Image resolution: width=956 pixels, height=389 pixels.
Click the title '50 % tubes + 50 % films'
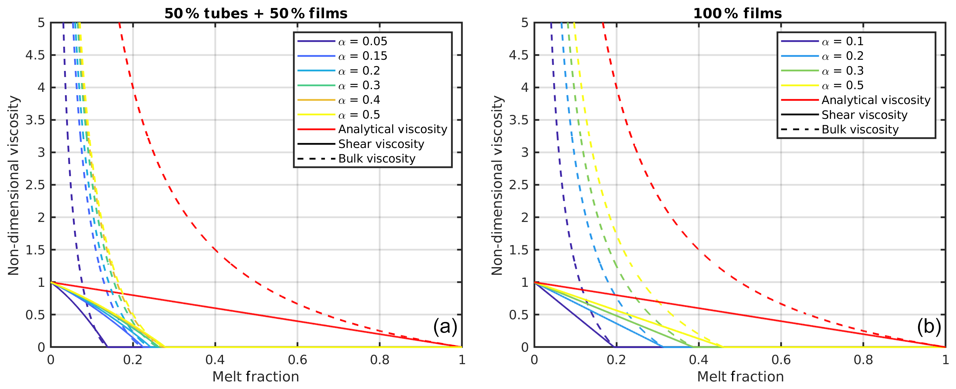[256, 14]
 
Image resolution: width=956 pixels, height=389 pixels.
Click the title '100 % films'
[738, 14]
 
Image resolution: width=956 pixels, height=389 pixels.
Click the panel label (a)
[445, 326]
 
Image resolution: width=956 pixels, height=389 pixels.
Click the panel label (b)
[928, 326]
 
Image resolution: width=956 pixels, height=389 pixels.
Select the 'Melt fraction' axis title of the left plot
[256, 377]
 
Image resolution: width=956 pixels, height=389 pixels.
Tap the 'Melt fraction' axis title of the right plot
[740, 377]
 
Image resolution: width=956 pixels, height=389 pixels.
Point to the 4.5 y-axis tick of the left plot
[35, 55]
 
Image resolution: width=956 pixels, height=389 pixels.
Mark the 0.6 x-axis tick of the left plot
[297, 359]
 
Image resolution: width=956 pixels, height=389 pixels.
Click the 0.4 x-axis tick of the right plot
[699, 359]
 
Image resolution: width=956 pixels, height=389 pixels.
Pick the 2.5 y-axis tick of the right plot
[519, 185]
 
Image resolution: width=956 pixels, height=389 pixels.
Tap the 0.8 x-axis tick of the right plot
[863, 359]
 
